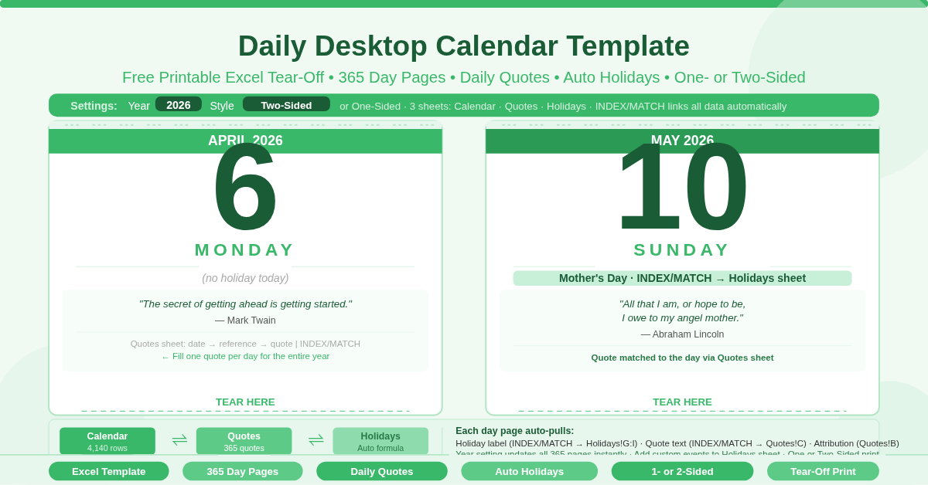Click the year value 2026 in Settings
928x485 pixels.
(x=179, y=104)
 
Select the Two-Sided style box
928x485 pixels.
(x=286, y=104)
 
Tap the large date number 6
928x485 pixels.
(x=244, y=188)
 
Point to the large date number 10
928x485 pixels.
(x=681, y=188)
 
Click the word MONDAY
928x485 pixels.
(x=244, y=250)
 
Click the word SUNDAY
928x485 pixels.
(x=681, y=250)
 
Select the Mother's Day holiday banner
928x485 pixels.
(x=682, y=278)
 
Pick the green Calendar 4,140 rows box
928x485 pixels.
(x=107, y=441)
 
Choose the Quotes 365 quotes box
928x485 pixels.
(x=244, y=441)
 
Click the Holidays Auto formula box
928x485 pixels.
(x=380, y=441)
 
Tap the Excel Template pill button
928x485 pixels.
(x=108, y=471)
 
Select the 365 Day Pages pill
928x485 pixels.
(x=242, y=471)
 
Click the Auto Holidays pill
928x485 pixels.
(x=529, y=471)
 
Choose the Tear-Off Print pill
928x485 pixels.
(x=823, y=471)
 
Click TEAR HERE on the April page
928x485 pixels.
(x=245, y=402)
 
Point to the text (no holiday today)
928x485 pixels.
(x=245, y=278)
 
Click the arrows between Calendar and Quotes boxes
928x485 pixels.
(x=179, y=440)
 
